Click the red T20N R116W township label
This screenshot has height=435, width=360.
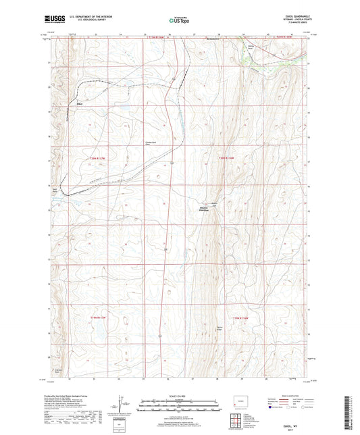[x=225, y=159]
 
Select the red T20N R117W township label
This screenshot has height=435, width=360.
[x=98, y=159]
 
